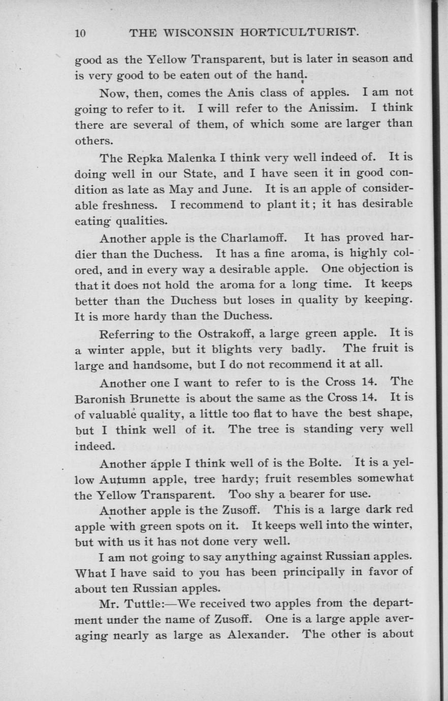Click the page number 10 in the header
tap(80, 34)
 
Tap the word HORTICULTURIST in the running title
tap(300, 34)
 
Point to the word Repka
tap(140, 157)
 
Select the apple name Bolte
tap(325, 463)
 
